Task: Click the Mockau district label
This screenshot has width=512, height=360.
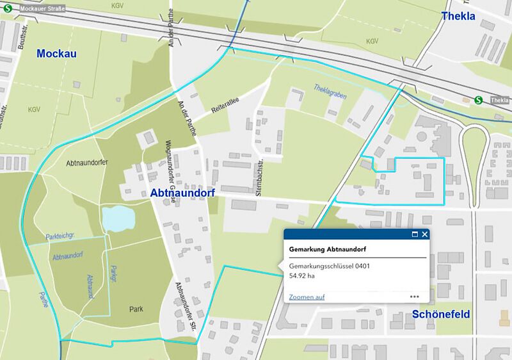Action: tap(56, 54)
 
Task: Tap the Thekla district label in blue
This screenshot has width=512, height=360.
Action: tap(458, 16)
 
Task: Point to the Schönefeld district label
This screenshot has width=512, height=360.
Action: tap(441, 314)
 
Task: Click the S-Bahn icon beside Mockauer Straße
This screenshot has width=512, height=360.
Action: tap(8, 9)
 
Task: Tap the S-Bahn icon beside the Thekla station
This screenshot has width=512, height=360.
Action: tap(479, 100)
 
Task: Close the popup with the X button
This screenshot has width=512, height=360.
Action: tap(425, 234)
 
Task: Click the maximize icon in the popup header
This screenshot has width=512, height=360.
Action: tap(415, 234)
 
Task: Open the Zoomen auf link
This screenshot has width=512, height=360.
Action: tap(307, 297)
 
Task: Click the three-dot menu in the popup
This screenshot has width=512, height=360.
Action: tap(415, 297)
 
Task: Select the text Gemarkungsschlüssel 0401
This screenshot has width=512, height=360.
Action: tap(330, 265)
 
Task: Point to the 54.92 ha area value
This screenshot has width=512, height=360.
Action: tap(302, 276)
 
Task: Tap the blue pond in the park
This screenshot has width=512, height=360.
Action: tap(119, 218)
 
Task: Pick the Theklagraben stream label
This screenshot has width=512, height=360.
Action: tap(331, 92)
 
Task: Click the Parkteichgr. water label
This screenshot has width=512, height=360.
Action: tap(61, 236)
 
